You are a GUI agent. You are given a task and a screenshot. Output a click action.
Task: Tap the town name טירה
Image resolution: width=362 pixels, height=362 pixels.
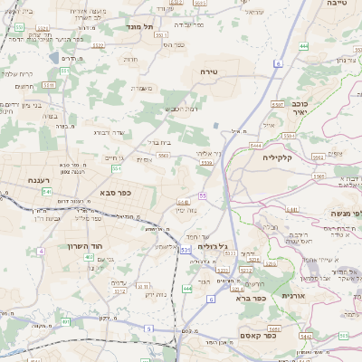210,70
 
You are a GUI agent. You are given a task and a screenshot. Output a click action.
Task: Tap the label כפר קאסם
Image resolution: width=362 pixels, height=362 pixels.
257,335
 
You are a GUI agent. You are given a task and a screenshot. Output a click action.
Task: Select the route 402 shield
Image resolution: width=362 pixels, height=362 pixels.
89,257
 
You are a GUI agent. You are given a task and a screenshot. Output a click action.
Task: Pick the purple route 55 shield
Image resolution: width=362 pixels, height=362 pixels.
205,195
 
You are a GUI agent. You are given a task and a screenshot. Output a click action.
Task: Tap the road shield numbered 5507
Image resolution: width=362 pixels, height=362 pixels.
279,105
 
